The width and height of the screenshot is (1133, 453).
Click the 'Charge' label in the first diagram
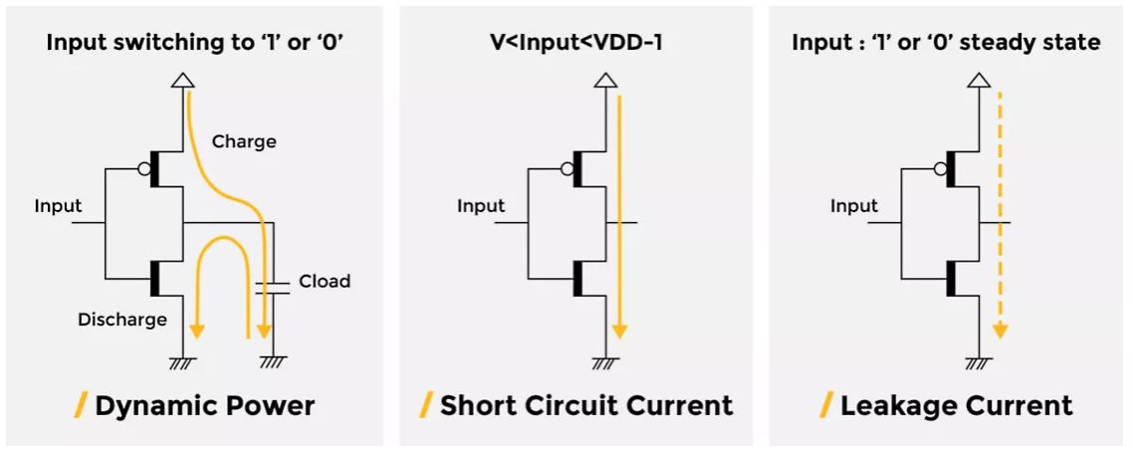[244, 141]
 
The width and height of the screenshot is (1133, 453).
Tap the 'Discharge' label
[122, 320]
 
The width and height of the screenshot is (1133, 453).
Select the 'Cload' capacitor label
[325, 281]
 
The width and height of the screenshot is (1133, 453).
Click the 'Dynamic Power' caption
[204, 405]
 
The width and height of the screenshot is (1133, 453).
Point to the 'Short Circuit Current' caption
[585, 405]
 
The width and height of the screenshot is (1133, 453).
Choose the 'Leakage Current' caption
[956, 405]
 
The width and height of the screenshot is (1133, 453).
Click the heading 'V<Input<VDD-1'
[575, 42]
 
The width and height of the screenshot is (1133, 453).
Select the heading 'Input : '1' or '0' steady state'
[946, 42]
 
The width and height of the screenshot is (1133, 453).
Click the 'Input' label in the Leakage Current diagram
[854, 206]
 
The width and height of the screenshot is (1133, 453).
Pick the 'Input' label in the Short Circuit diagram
[481, 206]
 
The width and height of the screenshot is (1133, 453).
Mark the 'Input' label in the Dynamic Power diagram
[58, 206]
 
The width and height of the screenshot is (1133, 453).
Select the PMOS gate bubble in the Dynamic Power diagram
[144, 169]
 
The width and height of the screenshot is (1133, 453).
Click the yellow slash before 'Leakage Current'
[826, 404]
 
